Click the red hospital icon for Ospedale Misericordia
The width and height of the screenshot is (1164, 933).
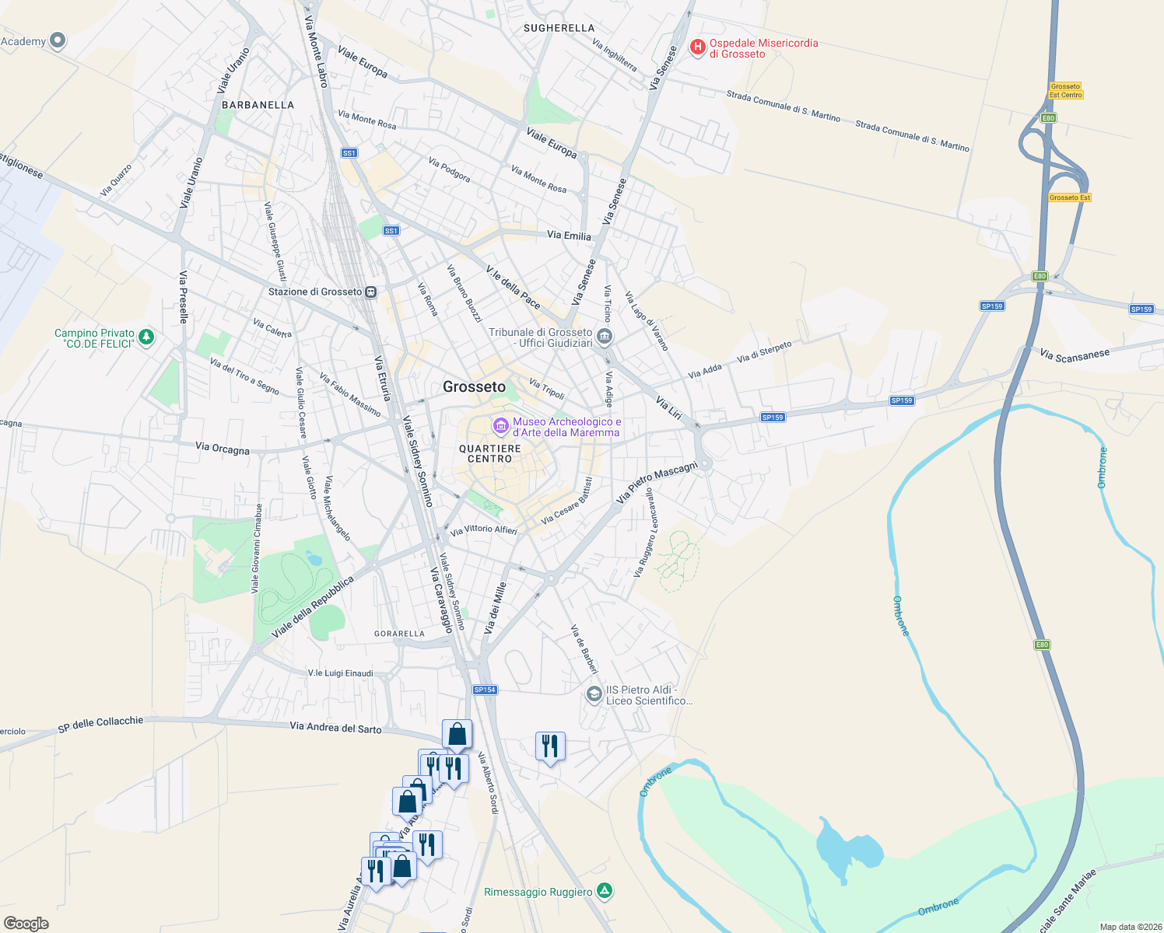coord(698,47)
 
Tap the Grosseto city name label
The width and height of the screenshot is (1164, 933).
coord(474,386)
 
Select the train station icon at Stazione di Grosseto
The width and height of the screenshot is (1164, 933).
coord(371,292)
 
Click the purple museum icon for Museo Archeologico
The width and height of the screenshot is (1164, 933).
coord(501,426)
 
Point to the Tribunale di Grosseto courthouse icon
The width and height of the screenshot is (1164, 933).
coord(605,337)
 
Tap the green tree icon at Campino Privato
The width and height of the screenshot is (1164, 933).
coord(145,337)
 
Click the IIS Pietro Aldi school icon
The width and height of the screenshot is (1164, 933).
coord(594,694)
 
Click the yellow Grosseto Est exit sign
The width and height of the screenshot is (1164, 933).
coord(1070,197)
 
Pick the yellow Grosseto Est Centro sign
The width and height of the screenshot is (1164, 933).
coord(1065,91)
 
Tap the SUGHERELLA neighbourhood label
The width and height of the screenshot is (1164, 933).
coord(559,28)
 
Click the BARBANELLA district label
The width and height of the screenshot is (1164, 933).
coord(258,105)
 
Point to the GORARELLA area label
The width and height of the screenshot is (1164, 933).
coord(399,634)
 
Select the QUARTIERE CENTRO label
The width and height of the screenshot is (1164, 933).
coord(490,454)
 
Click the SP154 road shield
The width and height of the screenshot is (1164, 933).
coord(485,690)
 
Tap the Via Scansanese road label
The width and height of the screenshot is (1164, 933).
coord(1075,355)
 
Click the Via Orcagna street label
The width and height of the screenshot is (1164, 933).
coord(223,449)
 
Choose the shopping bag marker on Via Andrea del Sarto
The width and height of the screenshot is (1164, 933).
coord(457,733)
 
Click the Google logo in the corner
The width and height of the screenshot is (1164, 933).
coord(26,923)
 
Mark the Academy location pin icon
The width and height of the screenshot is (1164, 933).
coord(58,40)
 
